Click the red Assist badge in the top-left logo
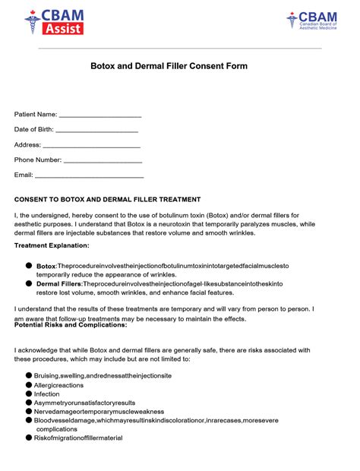(x=64, y=29)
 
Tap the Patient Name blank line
(x=100, y=115)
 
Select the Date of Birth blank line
(x=97, y=131)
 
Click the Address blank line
(x=91, y=146)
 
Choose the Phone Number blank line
(x=103, y=161)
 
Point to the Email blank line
(x=90, y=176)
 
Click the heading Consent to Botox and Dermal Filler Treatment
(x=107, y=199)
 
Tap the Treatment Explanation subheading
(x=52, y=245)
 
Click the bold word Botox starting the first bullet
(x=46, y=266)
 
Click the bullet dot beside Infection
(x=29, y=394)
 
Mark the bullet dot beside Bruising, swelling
(x=29, y=376)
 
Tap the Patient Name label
(x=36, y=114)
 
